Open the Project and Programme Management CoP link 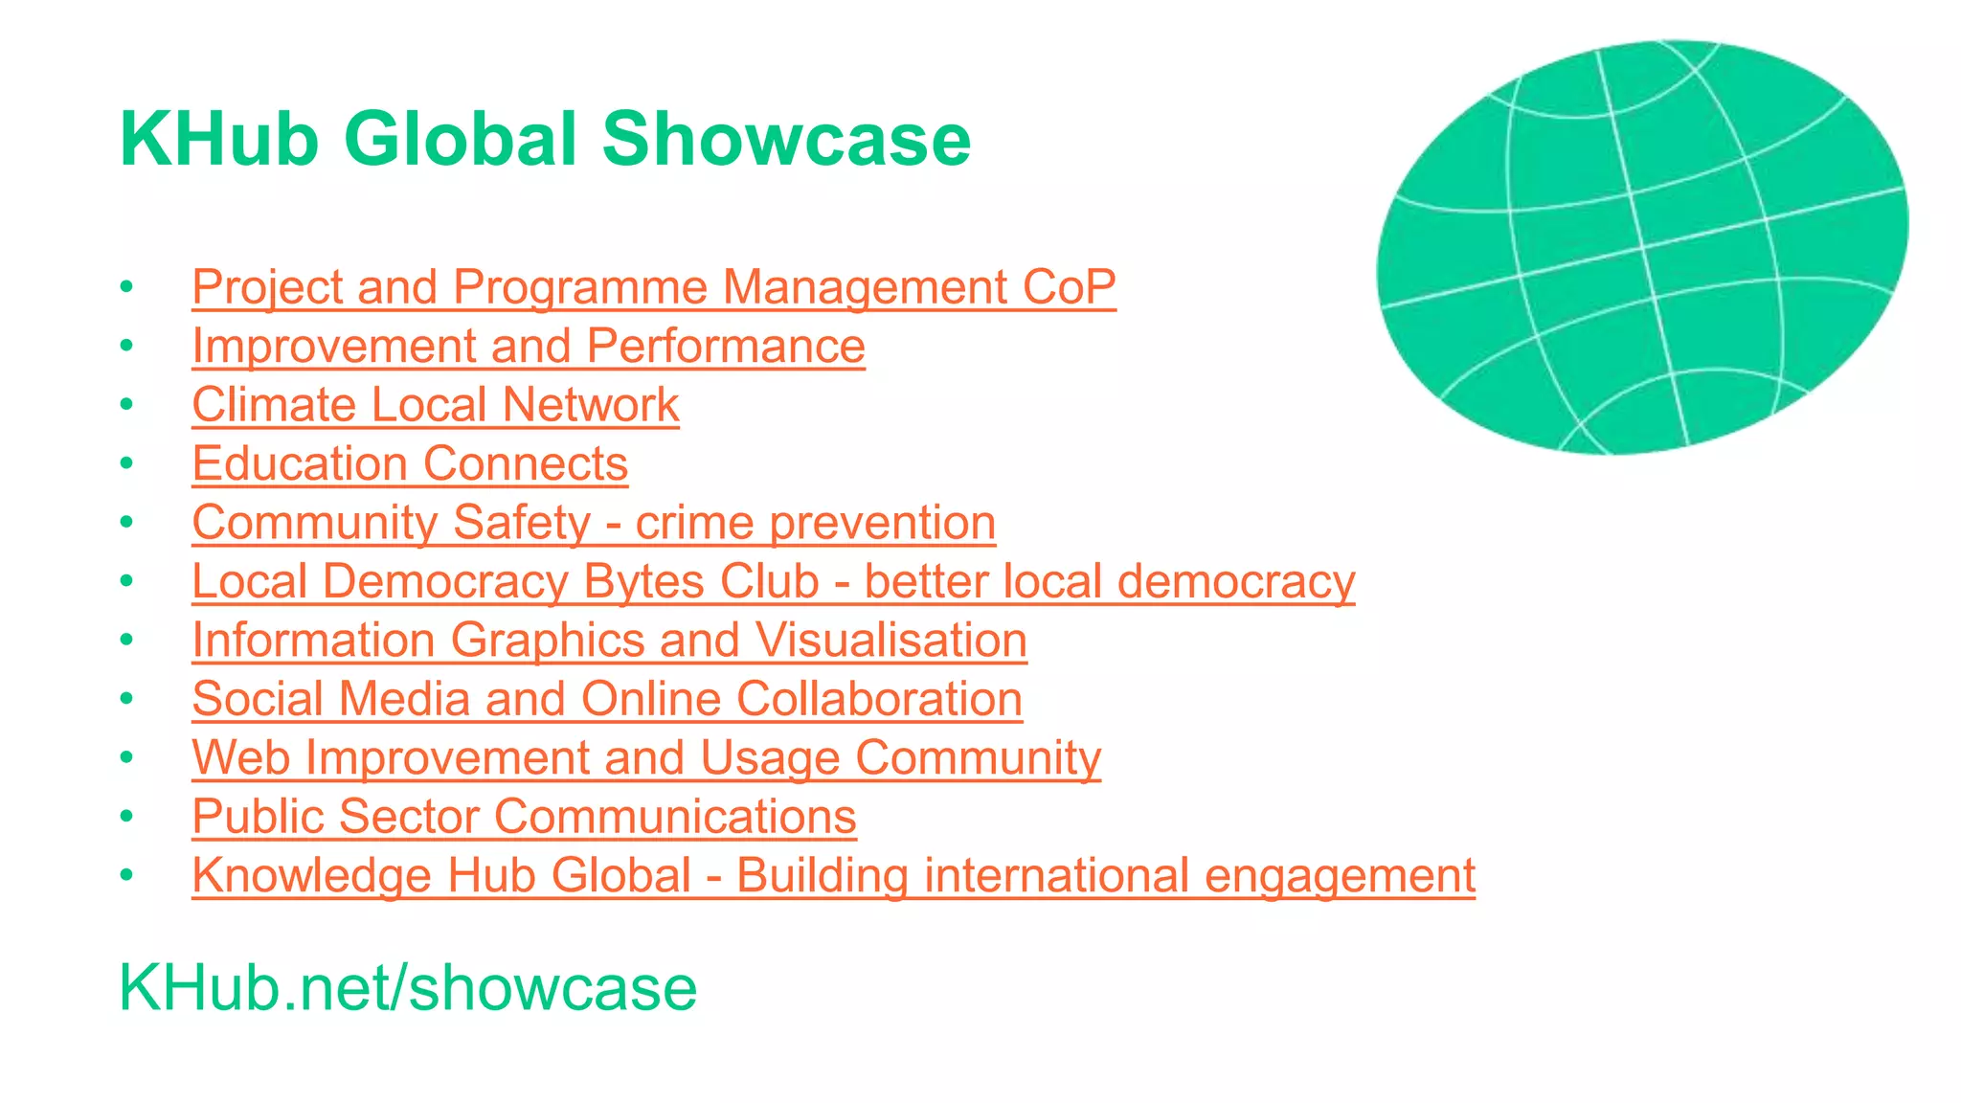pyautogui.click(x=653, y=287)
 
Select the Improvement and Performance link pyautogui.click(x=528, y=346)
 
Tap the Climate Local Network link pyautogui.click(x=435, y=405)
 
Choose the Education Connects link pyautogui.click(x=410, y=464)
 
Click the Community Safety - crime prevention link pyautogui.click(x=594, y=523)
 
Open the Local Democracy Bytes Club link pyautogui.click(x=773, y=582)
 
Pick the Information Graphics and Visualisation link pyautogui.click(x=609, y=641)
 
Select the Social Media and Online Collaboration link pyautogui.click(x=606, y=699)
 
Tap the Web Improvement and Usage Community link pyautogui.click(x=646, y=758)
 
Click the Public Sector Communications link pyautogui.click(x=524, y=817)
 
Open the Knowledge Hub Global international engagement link pyautogui.click(x=833, y=876)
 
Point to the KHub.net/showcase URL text pyautogui.click(x=408, y=987)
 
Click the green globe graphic pyautogui.click(x=1641, y=247)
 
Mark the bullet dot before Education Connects pyautogui.click(x=126, y=464)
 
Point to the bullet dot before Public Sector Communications pyautogui.click(x=126, y=817)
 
